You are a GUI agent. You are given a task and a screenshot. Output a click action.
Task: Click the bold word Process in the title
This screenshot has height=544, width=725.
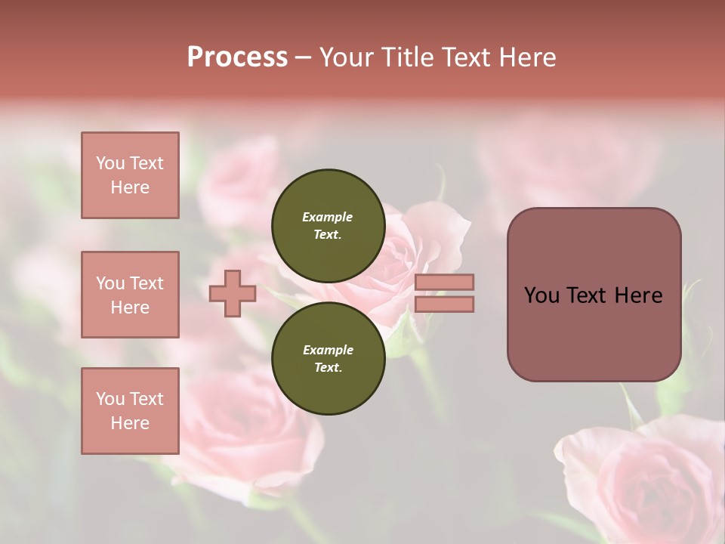click(x=237, y=57)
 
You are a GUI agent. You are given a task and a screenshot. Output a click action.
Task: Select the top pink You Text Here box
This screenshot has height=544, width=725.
click(x=130, y=175)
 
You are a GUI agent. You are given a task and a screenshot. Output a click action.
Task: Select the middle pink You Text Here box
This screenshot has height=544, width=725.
click(x=130, y=295)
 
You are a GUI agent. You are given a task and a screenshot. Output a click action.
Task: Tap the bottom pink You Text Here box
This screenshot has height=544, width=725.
click(x=130, y=411)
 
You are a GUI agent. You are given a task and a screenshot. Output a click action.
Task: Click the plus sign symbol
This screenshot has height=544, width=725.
click(x=233, y=293)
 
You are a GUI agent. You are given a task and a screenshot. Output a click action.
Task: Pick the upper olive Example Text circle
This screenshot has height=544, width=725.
click(x=328, y=225)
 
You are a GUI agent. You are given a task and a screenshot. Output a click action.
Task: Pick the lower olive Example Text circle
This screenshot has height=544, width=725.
click(x=328, y=358)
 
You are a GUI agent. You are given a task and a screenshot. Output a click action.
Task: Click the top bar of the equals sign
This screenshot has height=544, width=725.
click(x=444, y=282)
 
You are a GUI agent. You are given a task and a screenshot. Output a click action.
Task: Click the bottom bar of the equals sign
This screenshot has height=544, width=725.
click(x=444, y=304)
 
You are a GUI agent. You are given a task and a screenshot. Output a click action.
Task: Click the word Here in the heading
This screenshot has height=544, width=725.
click(x=526, y=57)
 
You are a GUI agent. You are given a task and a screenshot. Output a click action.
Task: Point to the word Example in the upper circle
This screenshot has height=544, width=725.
click(x=328, y=217)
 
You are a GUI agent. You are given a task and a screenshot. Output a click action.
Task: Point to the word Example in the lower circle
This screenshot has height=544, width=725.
click(x=328, y=350)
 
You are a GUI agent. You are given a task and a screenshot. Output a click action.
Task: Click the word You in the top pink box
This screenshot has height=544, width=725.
click(x=110, y=163)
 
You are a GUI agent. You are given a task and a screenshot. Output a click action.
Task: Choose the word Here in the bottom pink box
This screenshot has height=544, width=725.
click(x=130, y=423)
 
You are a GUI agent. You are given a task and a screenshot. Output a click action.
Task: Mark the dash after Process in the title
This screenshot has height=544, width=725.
click(x=304, y=57)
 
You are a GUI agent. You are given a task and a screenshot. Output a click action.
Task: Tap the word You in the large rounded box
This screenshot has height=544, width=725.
click(x=541, y=295)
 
